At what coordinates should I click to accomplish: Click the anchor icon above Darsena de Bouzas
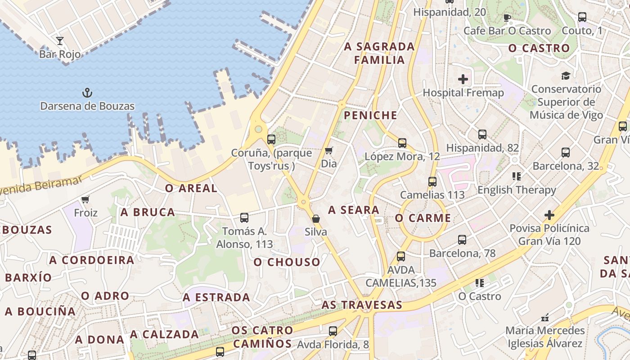(x=87, y=93)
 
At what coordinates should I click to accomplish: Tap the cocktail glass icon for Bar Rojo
(x=60, y=41)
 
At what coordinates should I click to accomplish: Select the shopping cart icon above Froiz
(x=85, y=199)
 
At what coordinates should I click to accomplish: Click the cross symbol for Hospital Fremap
(x=463, y=80)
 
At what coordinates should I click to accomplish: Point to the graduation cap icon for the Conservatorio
(x=566, y=76)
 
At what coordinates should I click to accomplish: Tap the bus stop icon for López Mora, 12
(x=402, y=143)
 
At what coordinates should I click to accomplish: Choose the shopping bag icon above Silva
(x=316, y=219)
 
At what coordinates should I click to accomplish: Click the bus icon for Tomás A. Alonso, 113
(x=244, y=218)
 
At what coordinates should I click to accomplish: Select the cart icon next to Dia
(x=329, y=150)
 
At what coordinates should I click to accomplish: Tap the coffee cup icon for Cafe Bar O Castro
(x=507, y=18)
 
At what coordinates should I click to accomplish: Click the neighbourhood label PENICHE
(x=371, y=116)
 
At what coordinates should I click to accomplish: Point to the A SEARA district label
(x=354, y=210)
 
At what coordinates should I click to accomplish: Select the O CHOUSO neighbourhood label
(x=287, y=262)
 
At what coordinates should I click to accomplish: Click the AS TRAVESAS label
(x=362, y=305)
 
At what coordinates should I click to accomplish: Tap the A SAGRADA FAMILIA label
(x=379, y=53)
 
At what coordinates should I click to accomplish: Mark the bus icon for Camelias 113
(x=432, y=182)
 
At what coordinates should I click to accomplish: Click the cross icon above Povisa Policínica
(x=549, y=215)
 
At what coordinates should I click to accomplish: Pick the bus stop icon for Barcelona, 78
(x=462, y=240)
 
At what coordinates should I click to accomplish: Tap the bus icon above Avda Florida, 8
(x=333, y=331)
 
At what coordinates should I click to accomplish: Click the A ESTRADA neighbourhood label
(x=216, y=297)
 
